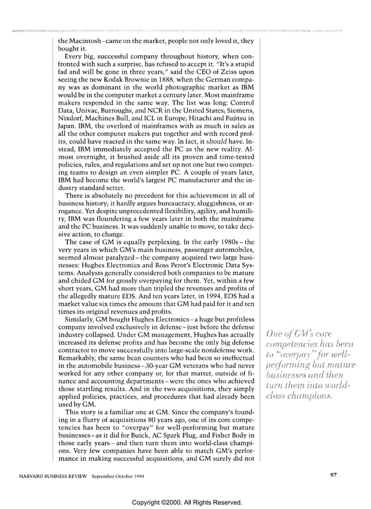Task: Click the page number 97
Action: click(333, 475)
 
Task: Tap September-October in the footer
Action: click(110, 475)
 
